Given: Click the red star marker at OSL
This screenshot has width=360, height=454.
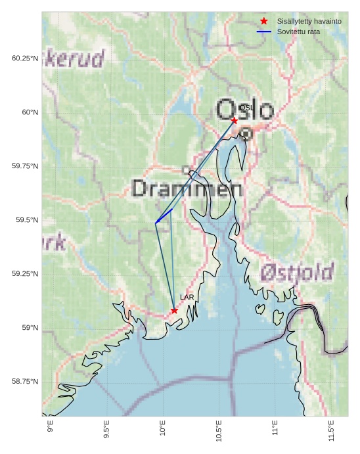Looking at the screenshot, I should (x=234, y=120).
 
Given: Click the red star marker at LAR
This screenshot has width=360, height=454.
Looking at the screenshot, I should (x=174, y=310).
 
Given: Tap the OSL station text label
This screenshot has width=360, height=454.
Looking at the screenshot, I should (x=246, y=108).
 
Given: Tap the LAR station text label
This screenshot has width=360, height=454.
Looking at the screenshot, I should (x=187, y=298).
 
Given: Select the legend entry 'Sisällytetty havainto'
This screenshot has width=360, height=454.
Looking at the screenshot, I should (x=309, y=22).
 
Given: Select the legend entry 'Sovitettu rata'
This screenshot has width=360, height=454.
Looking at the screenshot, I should (x=298, y=32).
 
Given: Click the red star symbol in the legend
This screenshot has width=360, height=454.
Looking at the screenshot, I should (x=264, y=22).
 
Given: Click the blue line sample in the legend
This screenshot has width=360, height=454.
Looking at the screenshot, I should (x=264, y=32).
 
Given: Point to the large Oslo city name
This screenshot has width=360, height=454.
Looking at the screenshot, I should (x=244, y=110).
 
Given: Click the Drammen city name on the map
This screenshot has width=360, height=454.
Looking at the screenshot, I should (x=187, y=189).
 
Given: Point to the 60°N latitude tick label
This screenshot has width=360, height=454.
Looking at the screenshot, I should (x=27, y=112).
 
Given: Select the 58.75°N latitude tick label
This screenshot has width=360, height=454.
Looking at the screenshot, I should (x=24, y=382).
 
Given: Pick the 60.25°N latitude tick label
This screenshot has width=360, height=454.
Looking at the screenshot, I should (x=24, y=58).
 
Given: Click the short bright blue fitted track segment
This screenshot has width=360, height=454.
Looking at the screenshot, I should (x=164, y=216).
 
